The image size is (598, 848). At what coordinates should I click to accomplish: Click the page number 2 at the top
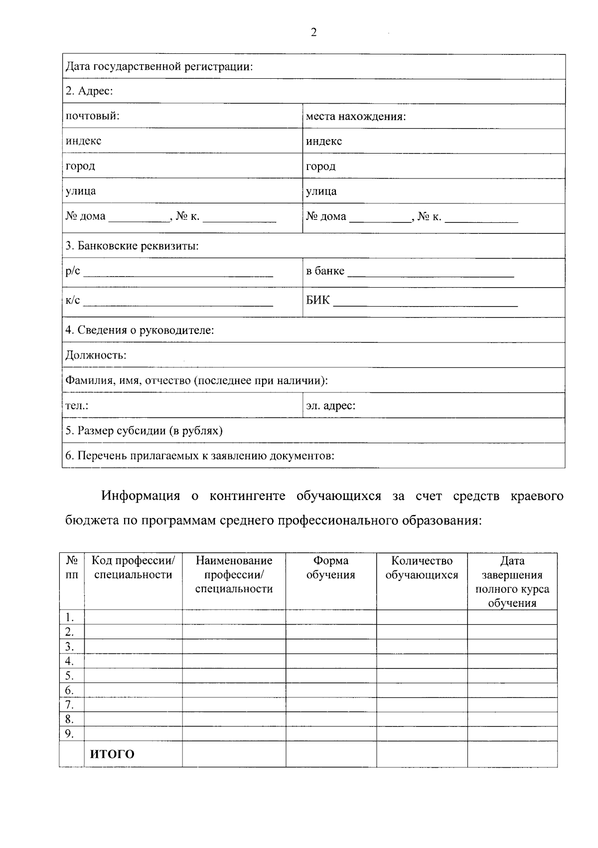point(313,33)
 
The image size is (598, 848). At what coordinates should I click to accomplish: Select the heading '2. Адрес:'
point(89,91)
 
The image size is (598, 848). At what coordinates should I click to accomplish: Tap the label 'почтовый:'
point(92,116)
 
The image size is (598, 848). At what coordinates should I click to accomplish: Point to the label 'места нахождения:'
point(356,117)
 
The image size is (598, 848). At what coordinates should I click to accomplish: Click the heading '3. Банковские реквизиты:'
point(132,246)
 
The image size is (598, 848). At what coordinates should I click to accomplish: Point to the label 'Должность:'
point(96,355)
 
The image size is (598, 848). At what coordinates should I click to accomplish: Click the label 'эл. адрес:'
point(330,406)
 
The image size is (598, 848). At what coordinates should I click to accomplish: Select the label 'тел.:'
point(77,406)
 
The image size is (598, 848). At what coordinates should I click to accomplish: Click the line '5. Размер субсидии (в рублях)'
point(144,431)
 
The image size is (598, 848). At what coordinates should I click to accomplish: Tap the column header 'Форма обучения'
point(330,568)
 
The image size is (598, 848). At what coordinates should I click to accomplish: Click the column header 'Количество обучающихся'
point(422,568)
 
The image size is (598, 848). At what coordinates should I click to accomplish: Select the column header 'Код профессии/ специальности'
point(133,568)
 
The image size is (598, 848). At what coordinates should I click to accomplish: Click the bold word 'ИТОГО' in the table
point(112,754)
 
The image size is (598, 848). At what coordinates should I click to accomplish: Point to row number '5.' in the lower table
point(70,676)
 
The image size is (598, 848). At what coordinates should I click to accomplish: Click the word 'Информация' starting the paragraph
point(141,496)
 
